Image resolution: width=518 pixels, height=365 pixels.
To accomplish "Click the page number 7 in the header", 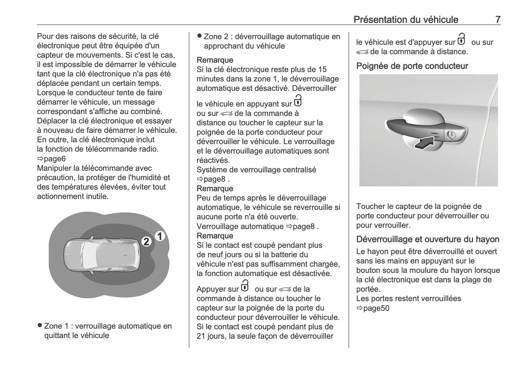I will [498, 19].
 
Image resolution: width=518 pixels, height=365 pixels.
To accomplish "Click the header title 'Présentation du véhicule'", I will [405, 19].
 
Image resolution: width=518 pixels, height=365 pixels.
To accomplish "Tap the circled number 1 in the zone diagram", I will [160, 236].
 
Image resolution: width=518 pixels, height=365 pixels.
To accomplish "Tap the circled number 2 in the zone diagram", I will [146, 242].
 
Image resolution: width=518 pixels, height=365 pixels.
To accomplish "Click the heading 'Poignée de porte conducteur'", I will [412, 66].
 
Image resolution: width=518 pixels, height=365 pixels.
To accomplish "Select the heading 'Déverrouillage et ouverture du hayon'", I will [428, 239].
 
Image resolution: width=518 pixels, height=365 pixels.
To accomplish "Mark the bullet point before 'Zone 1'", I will [40, 326].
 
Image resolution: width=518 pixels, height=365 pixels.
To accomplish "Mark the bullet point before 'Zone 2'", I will [199, 36].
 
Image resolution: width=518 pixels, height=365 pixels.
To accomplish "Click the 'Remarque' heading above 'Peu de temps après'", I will [215, 189].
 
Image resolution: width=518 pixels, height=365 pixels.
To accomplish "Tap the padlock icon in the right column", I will [461, 39].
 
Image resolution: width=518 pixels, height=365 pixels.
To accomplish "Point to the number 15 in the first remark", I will [322, 69].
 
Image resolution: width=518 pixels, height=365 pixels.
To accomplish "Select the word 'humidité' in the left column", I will [148, 177].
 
